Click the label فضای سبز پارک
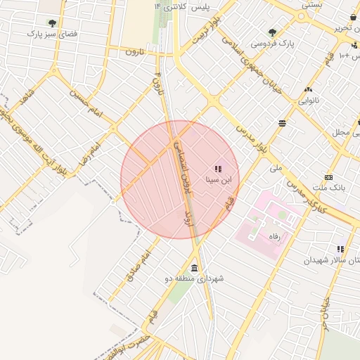pyautogui.click(x=51, y=34)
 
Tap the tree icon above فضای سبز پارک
pyautogui.click(x=52, y=22)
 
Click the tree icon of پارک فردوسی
pyautogui.click(x=272, y=32)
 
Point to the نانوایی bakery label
pyautogui.click(x=308, y=101)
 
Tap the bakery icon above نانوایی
pyautogui.click(x=308, y=90)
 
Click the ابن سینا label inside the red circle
pyautogui.click(x=218, y=180)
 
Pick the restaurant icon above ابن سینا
pyautogui.click(x=218, y=169)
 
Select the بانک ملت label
pyautogui.click(x=328, y=189)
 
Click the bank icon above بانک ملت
pyautogui.click(x=328, y=178)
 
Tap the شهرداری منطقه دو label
pyautogui.click(x=194, y=278)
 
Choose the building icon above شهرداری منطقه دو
pyautogui.click(x=194, y=267)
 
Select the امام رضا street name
pyautogui.click(x=91, y=150)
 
